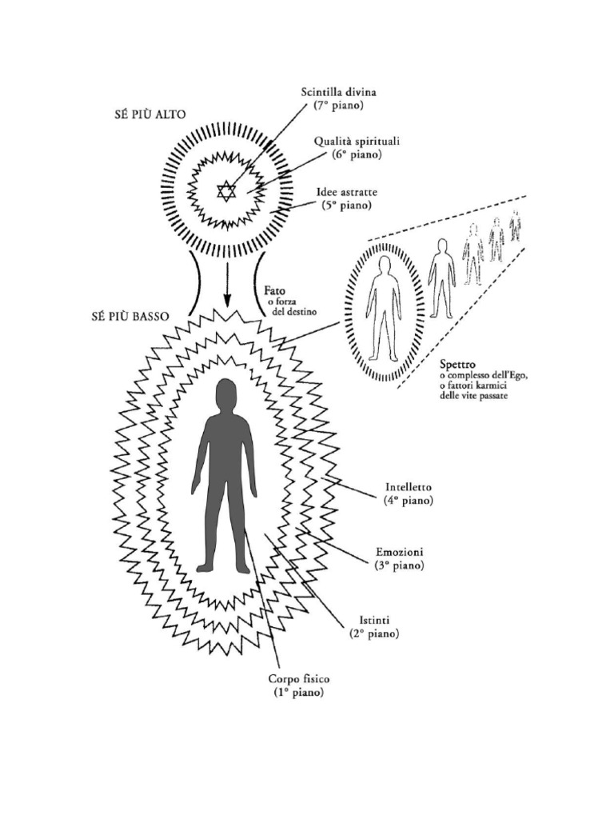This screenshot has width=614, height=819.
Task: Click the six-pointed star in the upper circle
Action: (x=227, y=191)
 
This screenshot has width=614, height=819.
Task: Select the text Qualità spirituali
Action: (x=357, y=142)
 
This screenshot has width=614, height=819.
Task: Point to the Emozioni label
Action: (x=400, y=553)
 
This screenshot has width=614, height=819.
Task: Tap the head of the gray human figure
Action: (x=226, y=394)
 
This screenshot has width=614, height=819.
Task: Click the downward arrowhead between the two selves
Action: (x=227, y=302)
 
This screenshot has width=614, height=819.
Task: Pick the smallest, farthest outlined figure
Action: (x=515, y=226)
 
